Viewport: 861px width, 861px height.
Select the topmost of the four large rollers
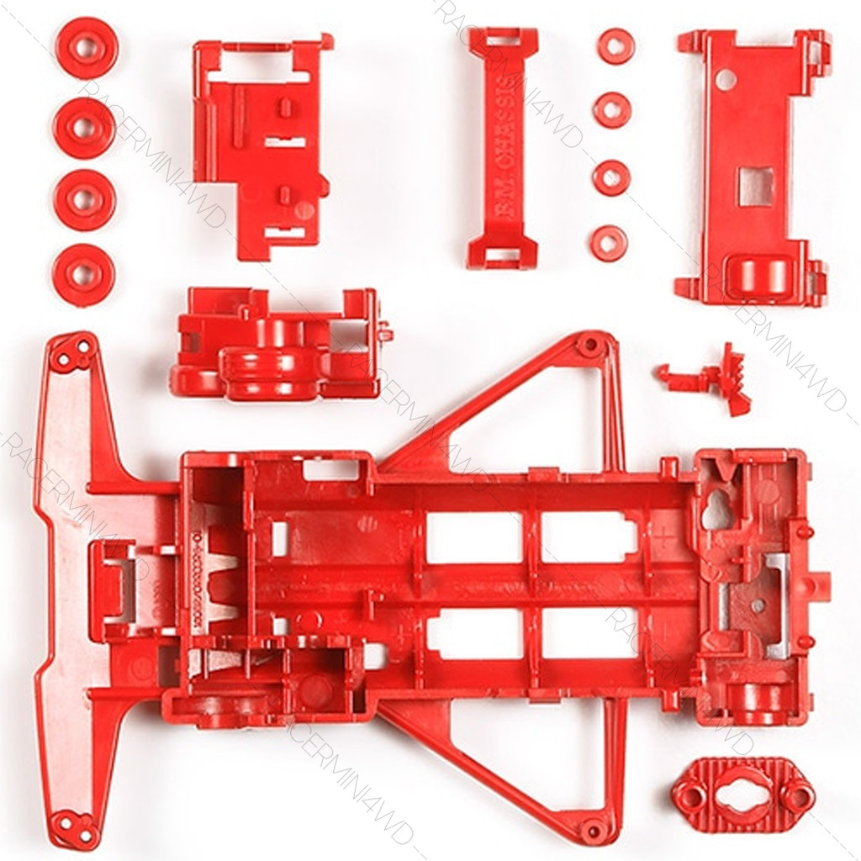tap(84, 48)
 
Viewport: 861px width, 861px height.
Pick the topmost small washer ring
tap(617, 45)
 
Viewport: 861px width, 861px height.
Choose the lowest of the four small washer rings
tap(609, 242)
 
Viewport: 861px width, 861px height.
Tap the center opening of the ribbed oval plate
tap(740, 794)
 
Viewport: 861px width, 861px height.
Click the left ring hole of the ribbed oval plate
tap(692, 794)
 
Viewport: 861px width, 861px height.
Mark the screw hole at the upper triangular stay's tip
tap(590, 344)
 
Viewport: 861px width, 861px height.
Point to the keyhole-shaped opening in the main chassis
tap(716, 510)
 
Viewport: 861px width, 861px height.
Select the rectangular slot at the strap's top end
tap(504, 39)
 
